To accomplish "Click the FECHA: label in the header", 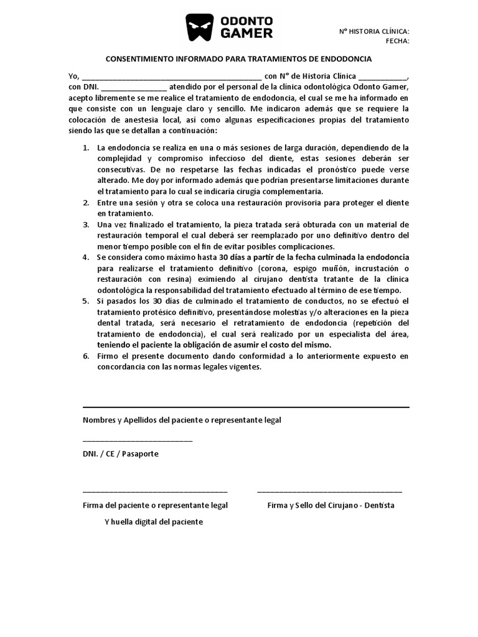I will click(x=397, y=41).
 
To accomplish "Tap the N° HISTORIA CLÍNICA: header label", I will click(x=374, y=31).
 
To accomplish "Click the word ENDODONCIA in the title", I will click(x=345, y=59).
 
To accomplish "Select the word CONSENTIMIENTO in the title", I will click(x=139, y=59).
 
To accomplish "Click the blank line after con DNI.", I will click(x=134, y=88).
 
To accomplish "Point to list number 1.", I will click(x=85, y=148).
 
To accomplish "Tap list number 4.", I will click(x=85, y=257).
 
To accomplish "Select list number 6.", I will click(x=85, y=356).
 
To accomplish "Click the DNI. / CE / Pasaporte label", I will click(x=121, y=453).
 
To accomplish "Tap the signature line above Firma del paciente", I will click(x=155, y=491).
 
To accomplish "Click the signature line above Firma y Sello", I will click(x=329, y=491).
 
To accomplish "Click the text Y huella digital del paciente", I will click(x=153, y=522).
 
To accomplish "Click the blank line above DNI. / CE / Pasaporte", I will click(x=138, y=440).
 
